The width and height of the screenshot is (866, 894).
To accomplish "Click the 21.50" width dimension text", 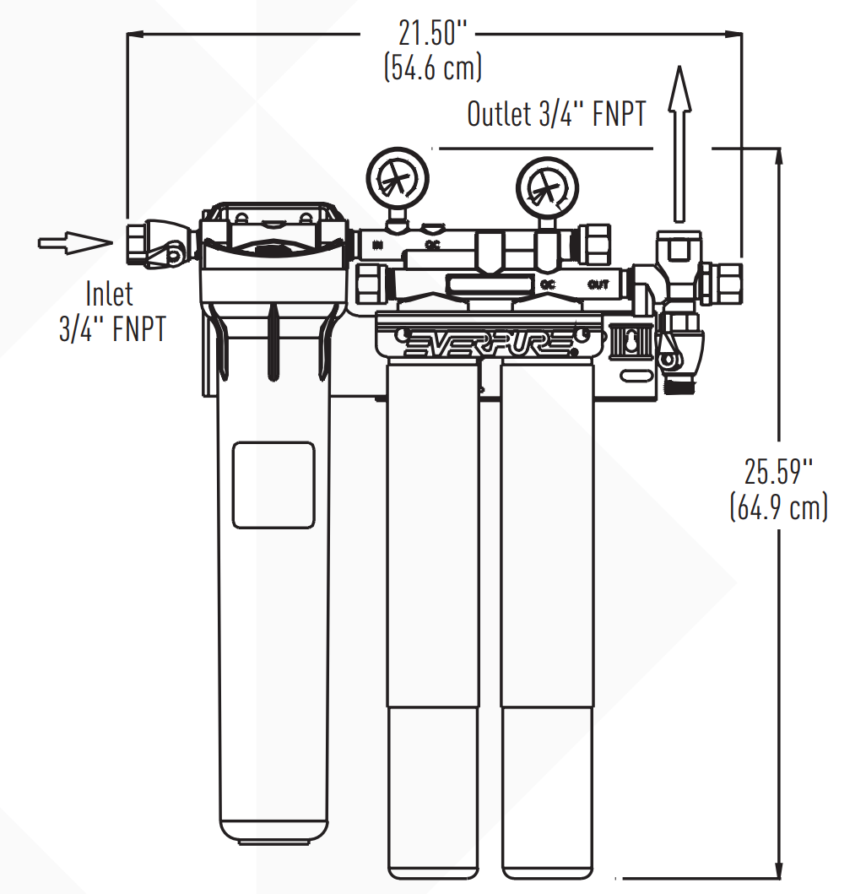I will pyautogui.click(x=432, y=34).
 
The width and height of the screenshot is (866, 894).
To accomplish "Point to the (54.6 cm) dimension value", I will pyautogui.click(x=432, y=68).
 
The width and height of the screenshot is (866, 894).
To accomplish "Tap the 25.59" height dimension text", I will pyautogui.click(x=777, y=469).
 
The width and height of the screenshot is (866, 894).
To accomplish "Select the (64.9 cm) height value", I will pyautogui.click(x=778, y=507).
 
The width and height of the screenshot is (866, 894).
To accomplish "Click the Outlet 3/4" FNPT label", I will pyautogui.click(x=556, y=115).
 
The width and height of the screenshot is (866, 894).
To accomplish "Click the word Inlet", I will pyautogui.click(x=110, y=294).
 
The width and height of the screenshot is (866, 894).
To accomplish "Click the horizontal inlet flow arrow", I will pyautogui.click(x=74, y=243).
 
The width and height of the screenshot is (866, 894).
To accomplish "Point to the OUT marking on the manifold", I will pyautogui.click(x=598, y=284).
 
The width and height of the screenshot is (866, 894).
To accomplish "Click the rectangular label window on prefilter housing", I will pyautogui.click(x=273, y=485).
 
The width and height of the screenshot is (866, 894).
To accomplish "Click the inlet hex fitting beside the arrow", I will pyautogui.click(x=138, y=243).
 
